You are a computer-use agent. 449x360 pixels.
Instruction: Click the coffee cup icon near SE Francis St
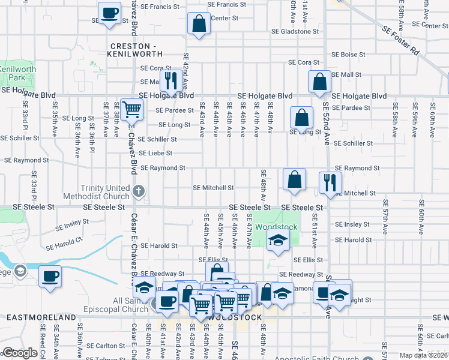[109, 13]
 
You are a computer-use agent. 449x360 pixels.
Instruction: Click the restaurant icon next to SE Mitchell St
[330, 183]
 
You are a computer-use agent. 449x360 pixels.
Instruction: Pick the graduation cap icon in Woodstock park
[277, 241]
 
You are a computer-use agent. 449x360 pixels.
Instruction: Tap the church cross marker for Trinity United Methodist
[139, 192]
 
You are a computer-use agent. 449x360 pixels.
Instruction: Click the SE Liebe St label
[155, 154]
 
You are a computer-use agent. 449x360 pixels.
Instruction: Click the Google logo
[20, 353]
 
